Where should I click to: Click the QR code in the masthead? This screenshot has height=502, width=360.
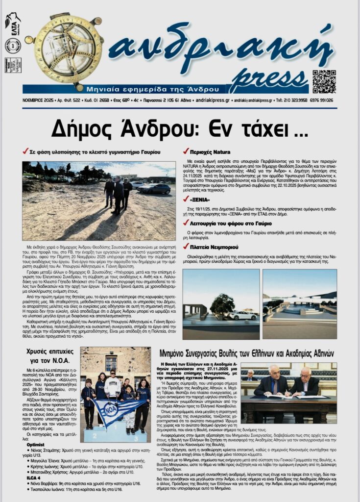click(x=324, y=81)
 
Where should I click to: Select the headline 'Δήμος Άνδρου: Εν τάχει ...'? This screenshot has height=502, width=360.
click(x=179, y=128)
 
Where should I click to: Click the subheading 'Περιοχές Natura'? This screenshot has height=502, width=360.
click(x=210, y=152)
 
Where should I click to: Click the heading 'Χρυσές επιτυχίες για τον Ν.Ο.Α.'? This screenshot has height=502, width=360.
click(x=50, y=356)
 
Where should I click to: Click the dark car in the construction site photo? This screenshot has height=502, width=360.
click(x=154, y=189)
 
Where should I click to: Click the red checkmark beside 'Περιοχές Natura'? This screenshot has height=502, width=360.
click(x=186, y=151)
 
